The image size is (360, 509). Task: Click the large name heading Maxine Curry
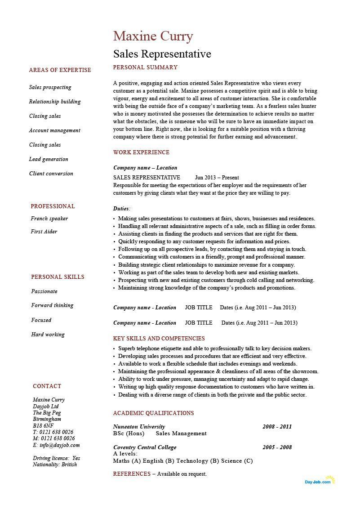153,36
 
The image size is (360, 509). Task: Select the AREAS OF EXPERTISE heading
60,70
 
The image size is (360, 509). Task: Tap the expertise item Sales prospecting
50,87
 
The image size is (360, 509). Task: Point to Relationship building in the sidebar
55,102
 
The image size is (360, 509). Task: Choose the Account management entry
54,130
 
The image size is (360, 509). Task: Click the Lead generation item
49,159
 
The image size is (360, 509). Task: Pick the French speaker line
49,219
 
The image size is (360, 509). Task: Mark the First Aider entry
44,232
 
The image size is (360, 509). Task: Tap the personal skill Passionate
44,291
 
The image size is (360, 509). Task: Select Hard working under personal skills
48,335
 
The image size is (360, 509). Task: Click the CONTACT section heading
47,386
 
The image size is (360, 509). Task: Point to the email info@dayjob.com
56,445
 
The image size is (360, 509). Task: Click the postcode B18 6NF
43,425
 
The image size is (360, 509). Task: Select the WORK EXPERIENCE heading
141,152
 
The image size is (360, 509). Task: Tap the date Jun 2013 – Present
217,178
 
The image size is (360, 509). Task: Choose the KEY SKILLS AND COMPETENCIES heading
159,339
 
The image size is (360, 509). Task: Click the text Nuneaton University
139,427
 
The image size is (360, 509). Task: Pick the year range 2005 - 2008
277,447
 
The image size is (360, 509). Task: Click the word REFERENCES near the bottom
132,474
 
